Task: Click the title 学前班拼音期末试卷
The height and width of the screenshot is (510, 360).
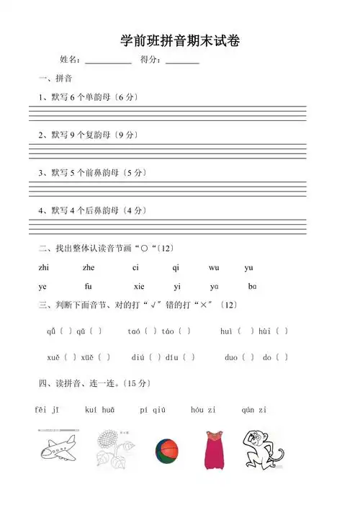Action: (x=180, y=42)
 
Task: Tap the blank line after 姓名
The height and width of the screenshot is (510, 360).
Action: (x=108, y=63)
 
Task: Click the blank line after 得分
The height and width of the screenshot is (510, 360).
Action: (x=182, y=63)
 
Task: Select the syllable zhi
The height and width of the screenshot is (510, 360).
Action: (x=44, y=268)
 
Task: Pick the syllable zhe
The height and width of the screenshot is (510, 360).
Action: (x=90, y=268)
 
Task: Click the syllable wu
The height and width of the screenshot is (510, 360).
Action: (x=214, y=268)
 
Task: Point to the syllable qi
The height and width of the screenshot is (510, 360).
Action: (x=176, y=268)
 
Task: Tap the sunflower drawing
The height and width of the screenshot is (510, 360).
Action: (x=115, y=448)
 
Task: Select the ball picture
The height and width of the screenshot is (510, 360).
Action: (x=166, y=450)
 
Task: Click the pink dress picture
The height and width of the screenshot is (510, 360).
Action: (x=213, y=449)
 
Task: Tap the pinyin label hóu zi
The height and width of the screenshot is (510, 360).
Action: (x=203, y=410)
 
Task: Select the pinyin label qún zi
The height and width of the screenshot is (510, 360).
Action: (x=254, y=410)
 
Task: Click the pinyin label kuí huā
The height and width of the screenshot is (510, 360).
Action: (x=100, y=410)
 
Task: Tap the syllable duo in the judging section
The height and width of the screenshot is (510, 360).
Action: (x=230, y=357)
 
